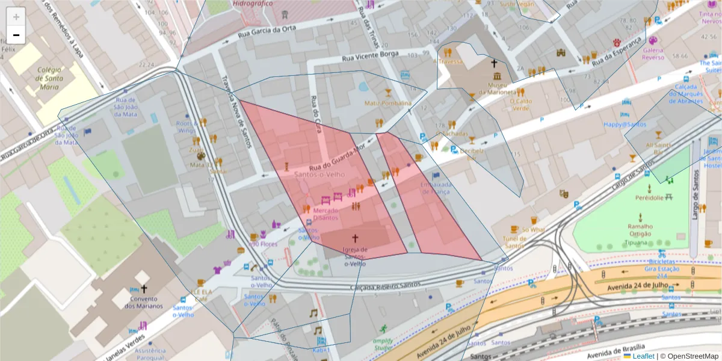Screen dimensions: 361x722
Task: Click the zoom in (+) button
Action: [16, 17]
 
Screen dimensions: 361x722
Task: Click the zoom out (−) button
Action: [16, 35]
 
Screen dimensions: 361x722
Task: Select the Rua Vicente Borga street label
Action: [370, 57]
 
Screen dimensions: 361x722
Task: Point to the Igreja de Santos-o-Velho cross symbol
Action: [355, 238]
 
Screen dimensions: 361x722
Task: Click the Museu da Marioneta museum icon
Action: [497, 76]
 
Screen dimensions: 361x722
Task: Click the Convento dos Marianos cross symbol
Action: [144, 289]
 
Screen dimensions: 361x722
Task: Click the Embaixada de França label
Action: [436, 188]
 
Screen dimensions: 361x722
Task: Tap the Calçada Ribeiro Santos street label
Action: [385, 288]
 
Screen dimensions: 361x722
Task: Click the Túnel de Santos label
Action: [515, 242]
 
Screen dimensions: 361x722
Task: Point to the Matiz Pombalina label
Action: [388, 103]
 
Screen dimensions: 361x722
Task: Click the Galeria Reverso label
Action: [653, 54]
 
